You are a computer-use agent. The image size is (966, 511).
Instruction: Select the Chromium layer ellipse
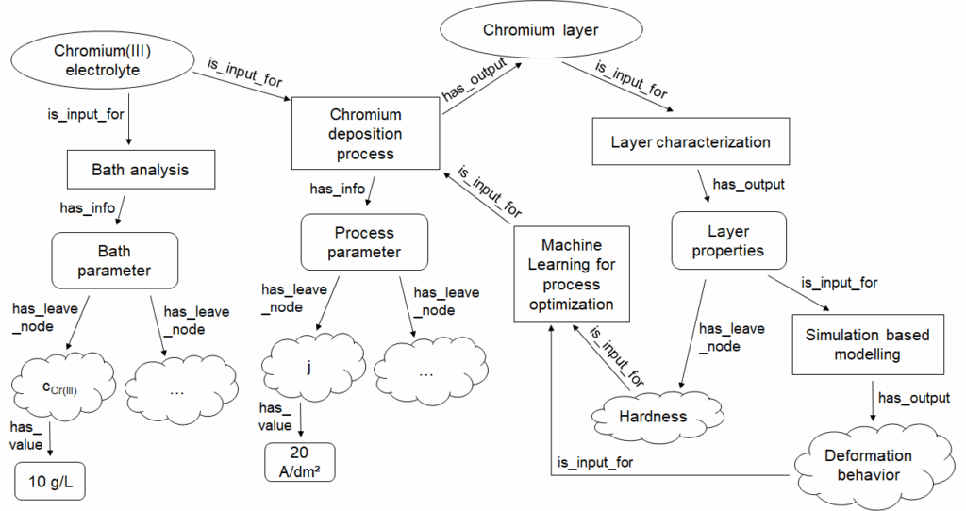[541, 30]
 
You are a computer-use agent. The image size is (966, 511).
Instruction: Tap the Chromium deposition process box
[366, 134]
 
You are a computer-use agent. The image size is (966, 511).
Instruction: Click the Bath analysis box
[140, 170]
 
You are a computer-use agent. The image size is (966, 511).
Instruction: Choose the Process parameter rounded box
[364, 241]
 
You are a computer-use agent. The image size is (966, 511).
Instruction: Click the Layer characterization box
[691, 142]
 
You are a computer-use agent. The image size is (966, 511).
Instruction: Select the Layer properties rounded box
[727, 240]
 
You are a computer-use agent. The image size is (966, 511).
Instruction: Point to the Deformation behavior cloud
[867, 465]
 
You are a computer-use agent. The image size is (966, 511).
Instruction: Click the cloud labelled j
[308, 367]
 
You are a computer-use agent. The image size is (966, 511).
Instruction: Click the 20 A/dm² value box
[300, 461]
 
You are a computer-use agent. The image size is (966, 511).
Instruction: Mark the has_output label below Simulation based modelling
[914, 398]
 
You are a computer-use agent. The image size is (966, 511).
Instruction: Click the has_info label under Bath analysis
[86, 206]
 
